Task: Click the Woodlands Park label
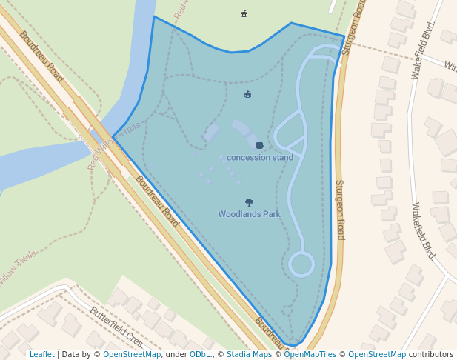point(249,214)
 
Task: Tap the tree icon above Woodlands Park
point(249,202)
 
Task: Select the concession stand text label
point(259,157)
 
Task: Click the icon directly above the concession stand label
point(259,145)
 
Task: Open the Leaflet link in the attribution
point(42,354)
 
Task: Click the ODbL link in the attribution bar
point(200,354)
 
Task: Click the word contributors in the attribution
point(430,354)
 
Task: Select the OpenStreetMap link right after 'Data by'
point(132,354)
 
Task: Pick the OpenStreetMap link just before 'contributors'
point(377,354)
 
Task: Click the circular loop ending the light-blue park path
point(301,264)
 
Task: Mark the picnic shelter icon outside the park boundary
point(244,13)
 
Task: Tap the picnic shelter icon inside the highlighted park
point(247,94)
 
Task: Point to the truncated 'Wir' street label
point(450,67)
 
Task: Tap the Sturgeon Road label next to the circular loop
point(340,210)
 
